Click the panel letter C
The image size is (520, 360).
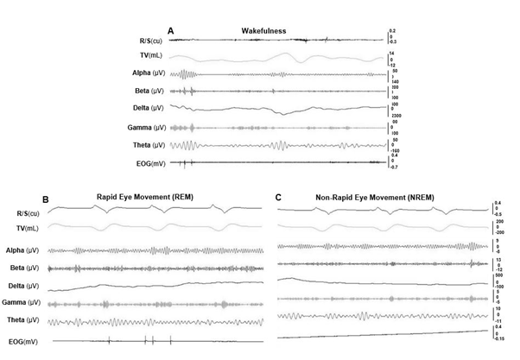pyautogui.click(x=278, y=197)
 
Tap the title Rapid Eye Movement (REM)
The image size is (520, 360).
pyautogui.click(x=143, y=197)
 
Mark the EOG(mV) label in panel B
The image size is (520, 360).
pyautogui.click(x=23, y=342)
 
